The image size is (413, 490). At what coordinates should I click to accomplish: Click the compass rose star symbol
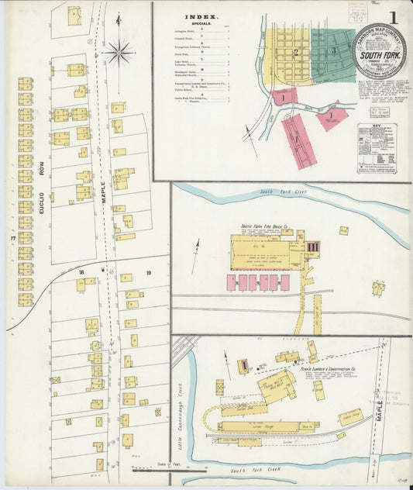[119, 53]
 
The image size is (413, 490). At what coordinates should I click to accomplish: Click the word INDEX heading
[201, 16]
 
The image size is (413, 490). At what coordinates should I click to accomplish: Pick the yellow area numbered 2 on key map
[295, 53]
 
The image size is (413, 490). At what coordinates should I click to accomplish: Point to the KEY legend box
[377, 148]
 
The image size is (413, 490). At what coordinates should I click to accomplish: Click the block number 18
[80, 273]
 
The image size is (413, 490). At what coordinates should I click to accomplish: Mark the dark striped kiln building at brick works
[313, 247]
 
